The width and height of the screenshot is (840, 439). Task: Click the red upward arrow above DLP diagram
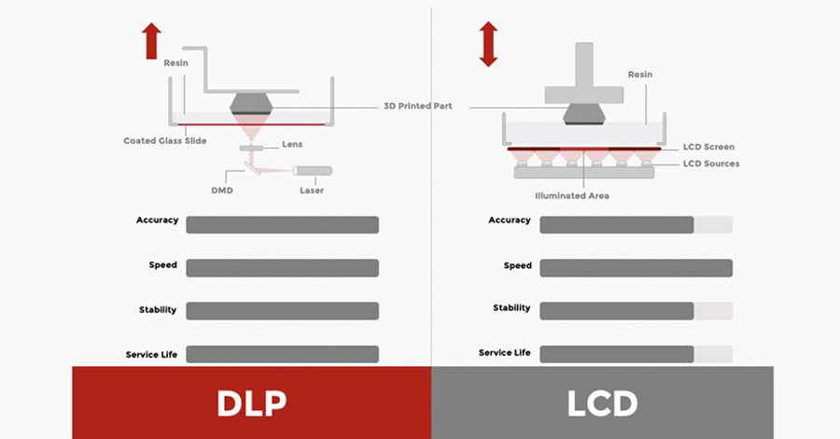click(151, 41)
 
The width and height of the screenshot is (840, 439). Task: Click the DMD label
click(223, 191)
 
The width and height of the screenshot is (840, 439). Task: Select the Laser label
click(312, 191)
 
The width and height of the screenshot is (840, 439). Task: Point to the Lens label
click(292, 145)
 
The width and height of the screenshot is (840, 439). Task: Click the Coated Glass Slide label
click(165, 141)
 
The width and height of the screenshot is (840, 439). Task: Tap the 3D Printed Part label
click(417, 106)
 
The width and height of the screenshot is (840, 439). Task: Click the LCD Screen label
click(708, 147)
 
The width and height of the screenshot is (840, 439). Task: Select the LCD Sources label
click(711, 163)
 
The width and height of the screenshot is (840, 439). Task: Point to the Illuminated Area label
click(572, 196)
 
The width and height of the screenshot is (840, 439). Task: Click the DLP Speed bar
click(282, 268)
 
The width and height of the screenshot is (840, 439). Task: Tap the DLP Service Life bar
click(282, 354)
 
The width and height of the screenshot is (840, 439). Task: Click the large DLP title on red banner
click(251, 403)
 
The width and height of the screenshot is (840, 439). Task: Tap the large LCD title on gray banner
click(602, 403)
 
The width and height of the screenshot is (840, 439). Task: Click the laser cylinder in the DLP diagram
click(312, 171)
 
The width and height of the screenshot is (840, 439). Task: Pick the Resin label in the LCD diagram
click(640, 75)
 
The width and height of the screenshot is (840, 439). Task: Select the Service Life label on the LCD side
click(504, 352)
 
